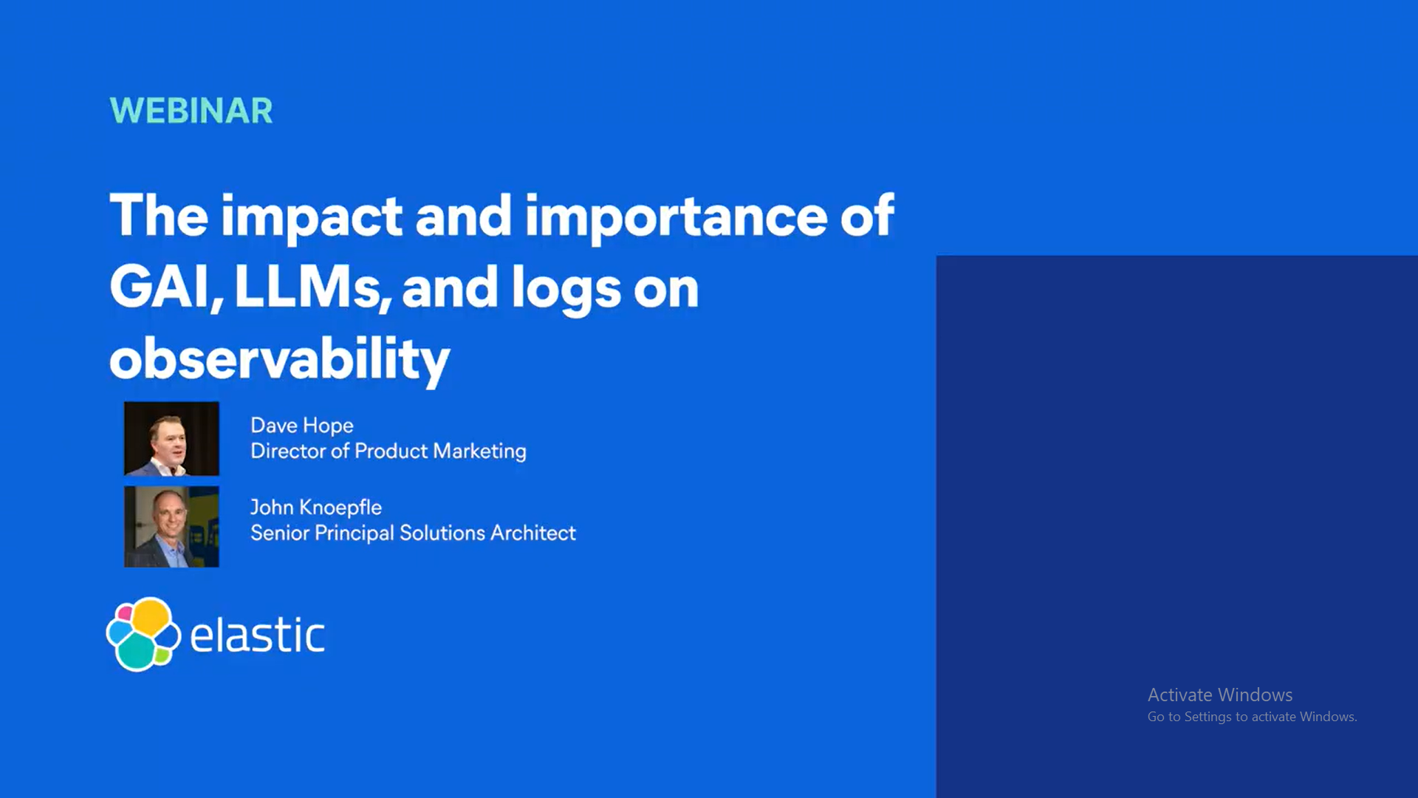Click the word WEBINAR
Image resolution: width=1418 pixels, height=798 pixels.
(191, 111)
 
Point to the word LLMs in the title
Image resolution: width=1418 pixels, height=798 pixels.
(312, 288)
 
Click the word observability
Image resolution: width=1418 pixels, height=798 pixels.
(280, 360)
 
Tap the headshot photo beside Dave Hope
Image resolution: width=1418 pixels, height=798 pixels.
(171, 438)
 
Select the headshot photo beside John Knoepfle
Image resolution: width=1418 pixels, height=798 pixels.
(171, 527)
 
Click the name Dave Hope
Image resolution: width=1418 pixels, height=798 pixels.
(302, 426)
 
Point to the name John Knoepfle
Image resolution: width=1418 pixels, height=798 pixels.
(316, 508)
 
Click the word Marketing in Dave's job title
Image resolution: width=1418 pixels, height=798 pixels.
(480, 451)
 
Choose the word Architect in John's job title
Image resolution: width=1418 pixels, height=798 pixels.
(533, 533)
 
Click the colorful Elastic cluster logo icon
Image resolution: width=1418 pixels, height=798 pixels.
(143, 634)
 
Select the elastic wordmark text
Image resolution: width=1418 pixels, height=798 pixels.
(258, 635)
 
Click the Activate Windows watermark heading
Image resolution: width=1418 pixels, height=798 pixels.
(1220, 695)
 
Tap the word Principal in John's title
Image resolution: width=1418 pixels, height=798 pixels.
(354, 533)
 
